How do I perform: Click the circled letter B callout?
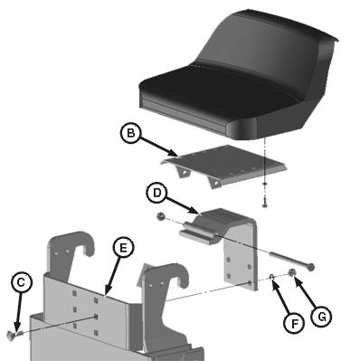(x=130, y=133)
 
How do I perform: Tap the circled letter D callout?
(x=156, y=193)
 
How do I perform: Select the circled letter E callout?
(x=123, y=248)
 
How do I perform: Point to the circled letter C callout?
(x=21, y=282)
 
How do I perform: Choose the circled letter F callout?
(x=294, y=324)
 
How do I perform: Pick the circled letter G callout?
(x=321, y=317)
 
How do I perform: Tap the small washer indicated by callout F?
(x=271, y=276)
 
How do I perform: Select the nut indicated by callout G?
(x=292, y=272)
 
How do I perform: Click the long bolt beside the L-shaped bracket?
(x=292, y=261)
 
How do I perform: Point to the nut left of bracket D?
(x=160, y=216)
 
